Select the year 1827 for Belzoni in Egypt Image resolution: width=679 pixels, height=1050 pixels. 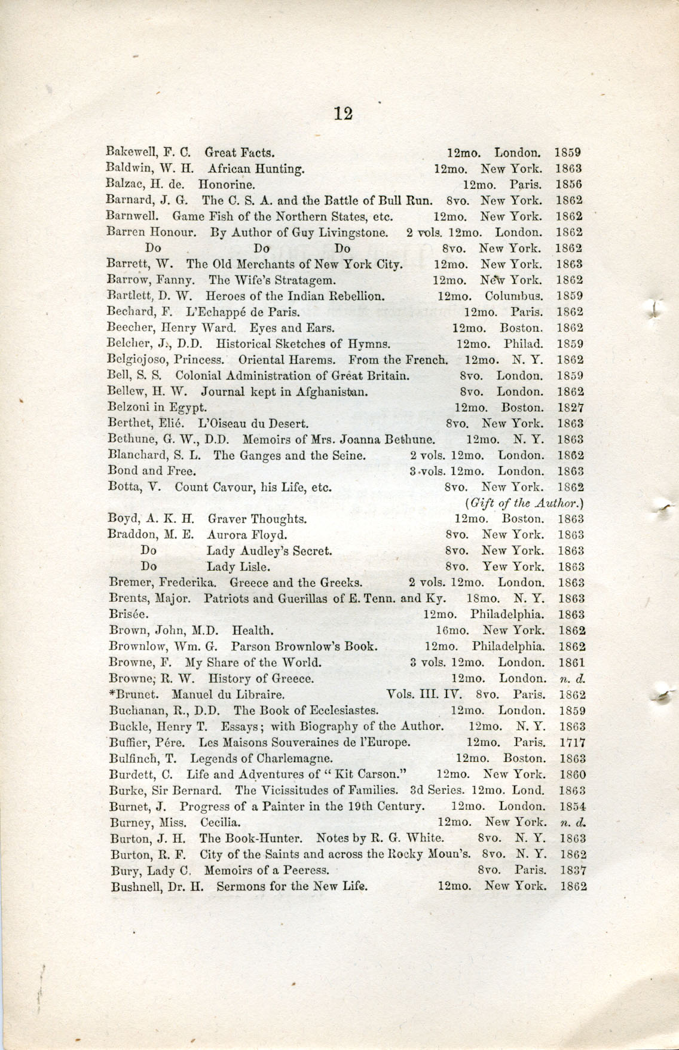(x=571, y=408)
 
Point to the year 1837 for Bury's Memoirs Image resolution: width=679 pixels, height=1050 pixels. (x=573, y=871)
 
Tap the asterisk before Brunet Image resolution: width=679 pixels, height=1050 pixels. (x=113, y=694)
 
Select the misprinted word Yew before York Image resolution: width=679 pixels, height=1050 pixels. (x=493, y=567)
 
